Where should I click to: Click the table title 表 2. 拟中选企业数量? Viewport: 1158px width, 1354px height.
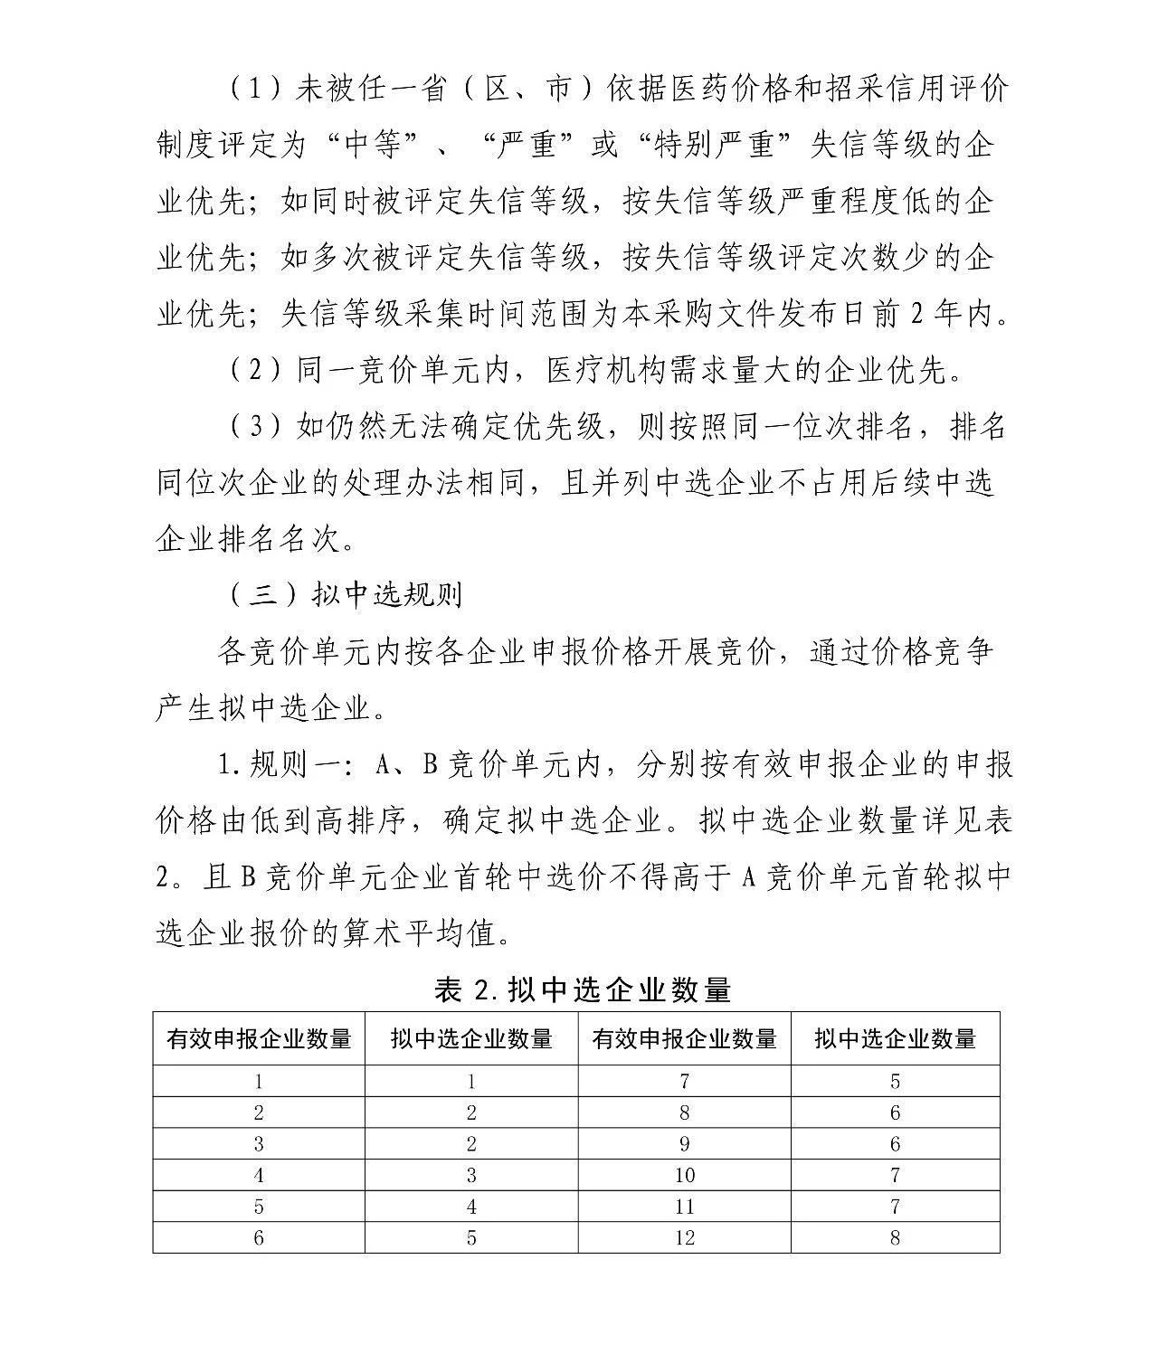point(583,989)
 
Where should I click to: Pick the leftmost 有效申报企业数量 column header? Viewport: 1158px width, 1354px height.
point(259,1038)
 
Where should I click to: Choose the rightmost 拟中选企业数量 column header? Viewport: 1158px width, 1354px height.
point(895,1038)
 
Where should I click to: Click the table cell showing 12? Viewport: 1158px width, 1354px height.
point(684,1237)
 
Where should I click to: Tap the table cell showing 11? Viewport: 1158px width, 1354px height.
point(684,1207)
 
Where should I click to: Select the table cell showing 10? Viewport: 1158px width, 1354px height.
point(684,1175)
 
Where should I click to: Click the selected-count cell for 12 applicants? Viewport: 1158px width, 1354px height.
point(895,1237)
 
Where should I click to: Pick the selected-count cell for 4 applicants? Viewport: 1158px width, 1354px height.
point(471,1175)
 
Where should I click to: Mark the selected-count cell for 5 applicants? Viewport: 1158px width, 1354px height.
point(471,1207)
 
